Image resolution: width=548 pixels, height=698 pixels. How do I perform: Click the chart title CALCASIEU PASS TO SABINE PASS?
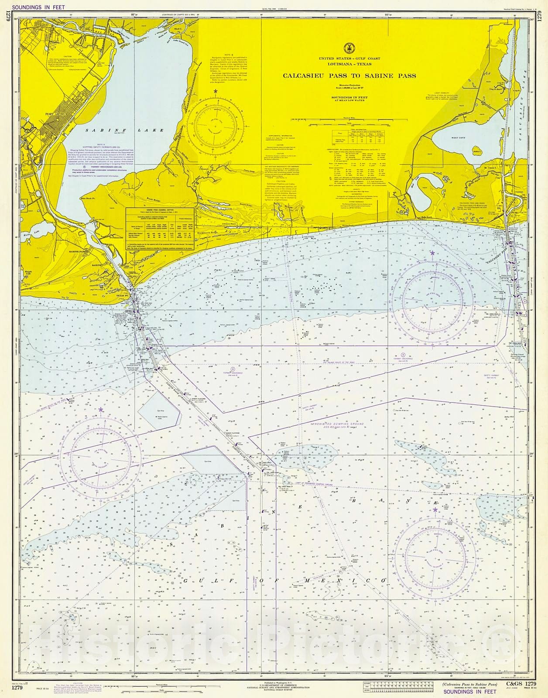coord(349,75)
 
